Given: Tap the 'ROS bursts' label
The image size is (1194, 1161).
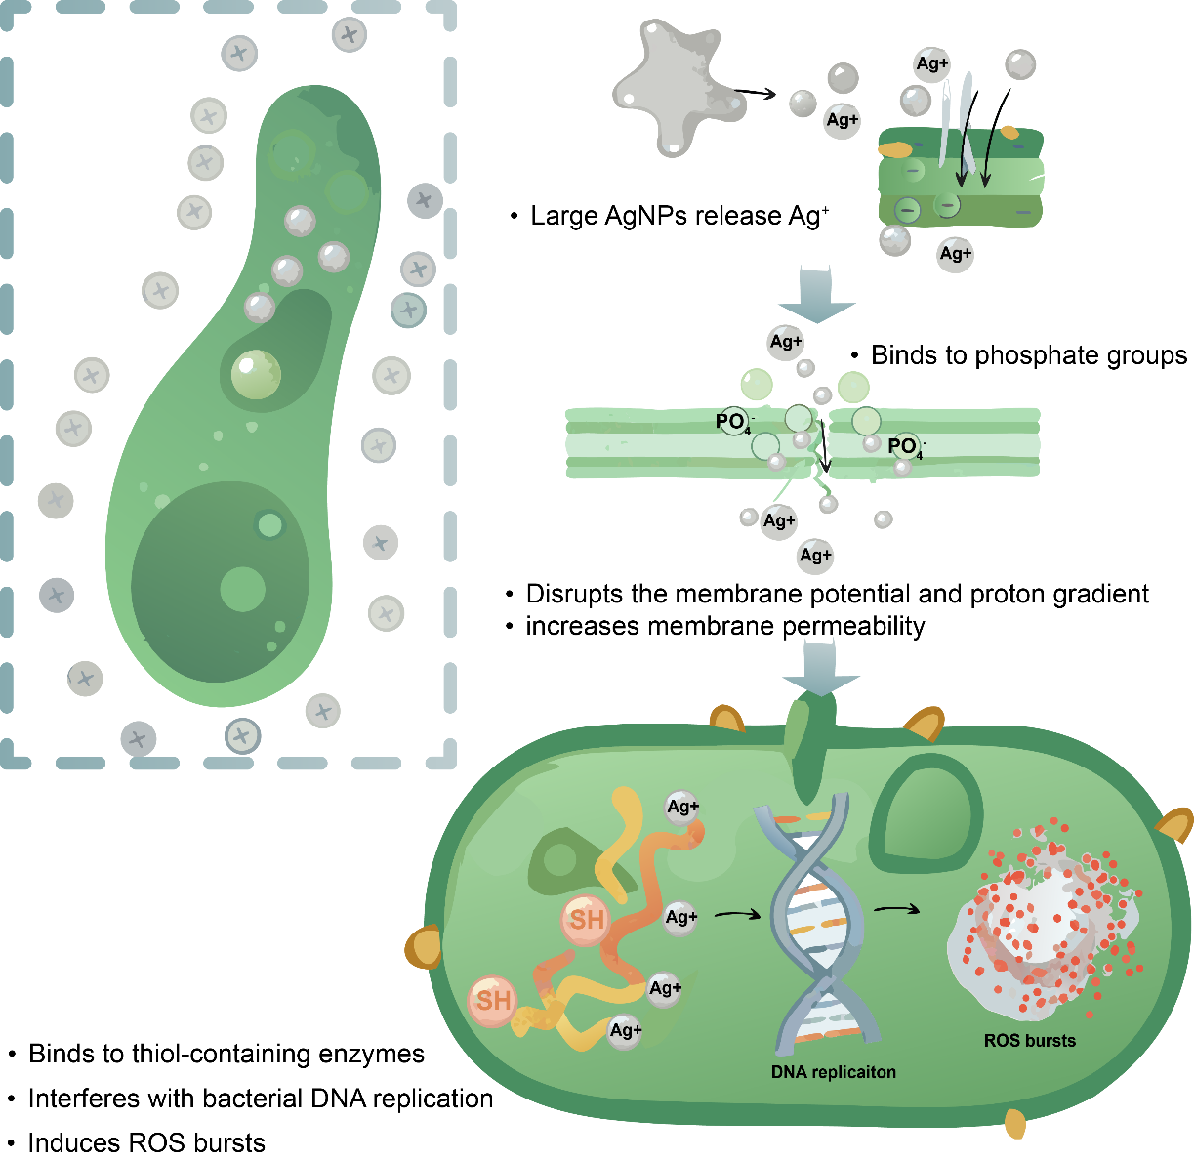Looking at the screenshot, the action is click(x=1030, y=1040).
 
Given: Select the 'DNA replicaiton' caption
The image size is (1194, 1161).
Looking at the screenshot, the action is click(x=833, y=1071).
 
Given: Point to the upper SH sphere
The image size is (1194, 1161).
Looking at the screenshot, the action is click(x=586, y=919).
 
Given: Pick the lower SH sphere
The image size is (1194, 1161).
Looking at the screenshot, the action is click(x=492, y=1001).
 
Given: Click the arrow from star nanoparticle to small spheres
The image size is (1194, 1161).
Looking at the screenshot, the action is click(x=755, y=93).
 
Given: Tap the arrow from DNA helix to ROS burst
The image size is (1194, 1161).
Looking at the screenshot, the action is click(x=896, y=909).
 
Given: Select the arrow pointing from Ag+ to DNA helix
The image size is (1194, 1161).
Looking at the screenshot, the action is click(x=738, y=915).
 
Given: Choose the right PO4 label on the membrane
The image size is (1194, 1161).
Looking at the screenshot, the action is click(x=907, y=447).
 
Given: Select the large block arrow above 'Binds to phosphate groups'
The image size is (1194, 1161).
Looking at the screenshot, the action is click(x=816, y=294).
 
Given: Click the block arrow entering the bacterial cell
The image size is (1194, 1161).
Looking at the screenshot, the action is click(x=821, y=668).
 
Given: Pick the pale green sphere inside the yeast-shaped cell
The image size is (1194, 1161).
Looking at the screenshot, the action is click(x=256, y=374).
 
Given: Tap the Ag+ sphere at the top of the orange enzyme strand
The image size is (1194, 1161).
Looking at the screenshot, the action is click(x=682, y=808).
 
